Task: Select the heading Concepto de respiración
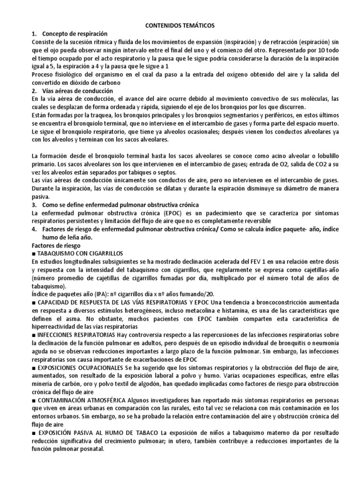[x=75, y=34]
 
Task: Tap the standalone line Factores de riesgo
[x=56, y=245]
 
